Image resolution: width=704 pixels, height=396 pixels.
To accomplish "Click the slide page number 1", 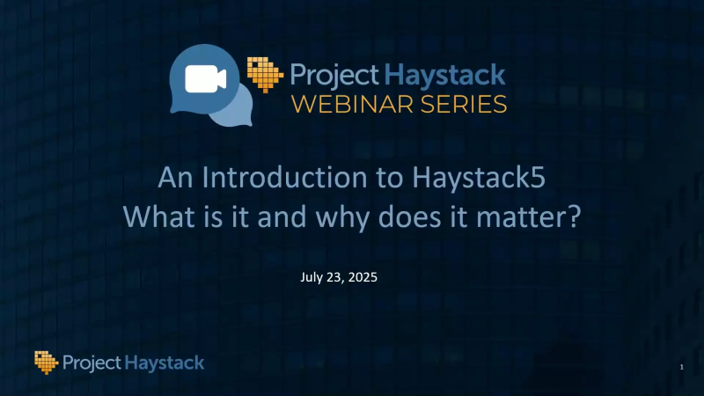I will pyautogui.click(x=681, y=365).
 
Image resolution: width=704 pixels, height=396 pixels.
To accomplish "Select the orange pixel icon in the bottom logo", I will pyautogui.click(x=47, y=361).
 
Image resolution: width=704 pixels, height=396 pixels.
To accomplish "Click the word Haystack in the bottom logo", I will pyautogui.click(x=165, y=362).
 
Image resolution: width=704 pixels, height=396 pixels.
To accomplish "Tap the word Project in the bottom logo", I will pyautogui.click(x=92, y=362).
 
